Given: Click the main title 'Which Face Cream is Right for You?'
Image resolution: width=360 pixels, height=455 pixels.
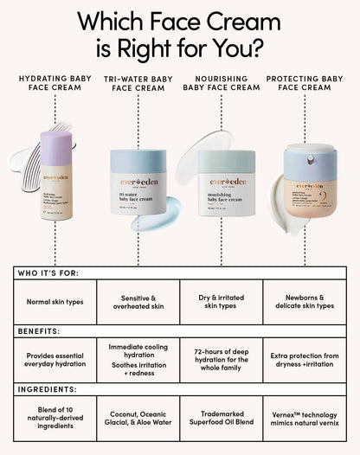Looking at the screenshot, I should point(180,34).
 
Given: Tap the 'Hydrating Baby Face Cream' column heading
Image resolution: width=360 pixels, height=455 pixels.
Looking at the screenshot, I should point(56,83).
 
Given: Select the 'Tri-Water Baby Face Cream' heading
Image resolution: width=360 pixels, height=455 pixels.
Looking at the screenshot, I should point(138,84).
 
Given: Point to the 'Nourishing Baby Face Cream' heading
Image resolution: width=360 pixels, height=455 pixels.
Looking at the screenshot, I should point(222,83).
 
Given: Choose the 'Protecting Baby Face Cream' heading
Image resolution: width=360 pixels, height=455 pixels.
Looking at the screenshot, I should point(305,83).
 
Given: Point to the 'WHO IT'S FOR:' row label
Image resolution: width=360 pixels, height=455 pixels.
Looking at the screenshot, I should point(48,272).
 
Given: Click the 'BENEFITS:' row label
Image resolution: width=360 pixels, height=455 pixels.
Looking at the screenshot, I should point(38,330).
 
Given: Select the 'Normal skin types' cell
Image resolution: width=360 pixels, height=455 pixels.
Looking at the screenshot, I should point(55,301).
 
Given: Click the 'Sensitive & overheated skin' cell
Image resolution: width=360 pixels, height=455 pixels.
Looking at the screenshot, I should point(138,301).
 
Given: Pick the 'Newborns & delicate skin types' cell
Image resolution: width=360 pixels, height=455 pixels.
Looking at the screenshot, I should point(305,301).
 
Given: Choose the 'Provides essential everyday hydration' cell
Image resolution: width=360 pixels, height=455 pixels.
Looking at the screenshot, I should point(55,360).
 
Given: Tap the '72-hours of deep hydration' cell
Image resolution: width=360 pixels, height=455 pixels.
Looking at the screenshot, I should point(222,360).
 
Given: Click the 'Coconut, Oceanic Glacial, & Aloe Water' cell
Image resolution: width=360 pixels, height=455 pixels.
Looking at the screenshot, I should point(138,419).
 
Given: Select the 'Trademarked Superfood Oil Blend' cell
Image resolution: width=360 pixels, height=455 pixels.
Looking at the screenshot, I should point(222,419).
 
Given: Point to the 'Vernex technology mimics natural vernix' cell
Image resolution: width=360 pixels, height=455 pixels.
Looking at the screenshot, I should point(305,419).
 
